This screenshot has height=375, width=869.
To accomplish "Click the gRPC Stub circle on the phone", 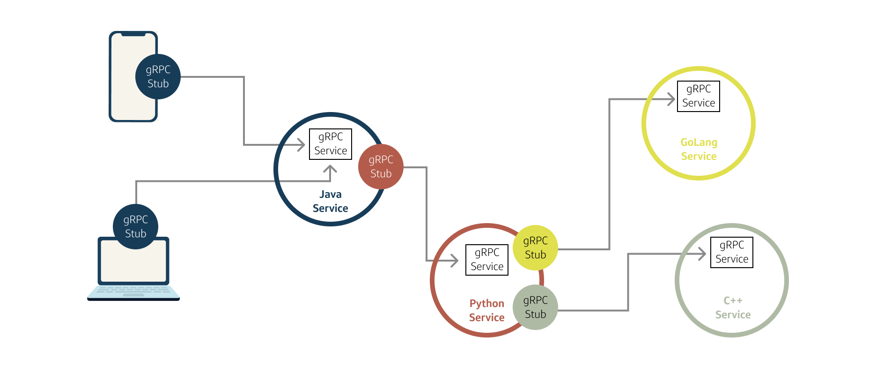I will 158,77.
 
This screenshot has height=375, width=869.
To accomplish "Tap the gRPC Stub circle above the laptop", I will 135,227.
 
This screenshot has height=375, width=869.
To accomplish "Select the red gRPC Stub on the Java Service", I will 381,167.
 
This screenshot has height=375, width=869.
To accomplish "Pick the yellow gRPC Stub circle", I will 535,248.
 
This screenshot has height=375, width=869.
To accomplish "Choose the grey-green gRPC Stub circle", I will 535,307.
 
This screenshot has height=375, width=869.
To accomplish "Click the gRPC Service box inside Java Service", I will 331,144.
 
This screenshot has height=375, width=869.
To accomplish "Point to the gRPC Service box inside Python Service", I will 487,260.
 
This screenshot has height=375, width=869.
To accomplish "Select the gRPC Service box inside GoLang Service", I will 698,96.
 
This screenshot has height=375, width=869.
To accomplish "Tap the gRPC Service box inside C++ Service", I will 731,252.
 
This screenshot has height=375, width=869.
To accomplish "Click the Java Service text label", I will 330,201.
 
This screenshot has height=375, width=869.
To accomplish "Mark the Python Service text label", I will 486,310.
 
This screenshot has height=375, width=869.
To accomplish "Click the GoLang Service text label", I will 699,149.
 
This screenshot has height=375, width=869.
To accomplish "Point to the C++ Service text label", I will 733,307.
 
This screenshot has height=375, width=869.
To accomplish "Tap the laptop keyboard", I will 133,291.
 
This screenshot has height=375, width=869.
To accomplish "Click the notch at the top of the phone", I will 133,34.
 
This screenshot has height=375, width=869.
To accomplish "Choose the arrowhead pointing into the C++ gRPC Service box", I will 702,254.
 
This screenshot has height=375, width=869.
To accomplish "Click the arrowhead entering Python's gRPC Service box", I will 455,260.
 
